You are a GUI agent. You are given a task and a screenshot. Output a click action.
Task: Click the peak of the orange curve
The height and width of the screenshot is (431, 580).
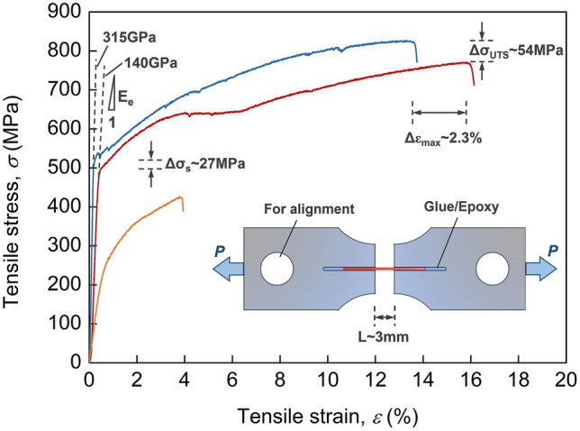tap(180, 197)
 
